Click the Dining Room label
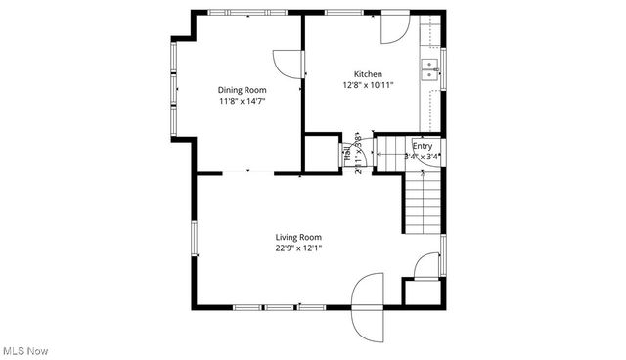[242, 90]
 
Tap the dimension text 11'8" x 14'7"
[242, 101]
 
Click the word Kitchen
[368, 74]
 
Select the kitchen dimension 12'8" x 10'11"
[368, 85]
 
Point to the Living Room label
[297, 237]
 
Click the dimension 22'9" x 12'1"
[297, 247]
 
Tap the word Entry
[422, 145]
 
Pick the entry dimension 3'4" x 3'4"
[422, 156]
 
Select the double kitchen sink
[428, 67]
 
